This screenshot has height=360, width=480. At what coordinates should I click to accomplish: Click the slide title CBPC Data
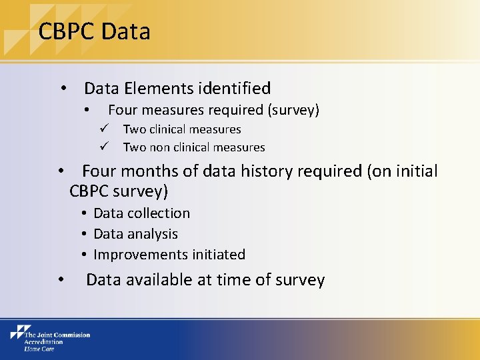(x=94, y=31)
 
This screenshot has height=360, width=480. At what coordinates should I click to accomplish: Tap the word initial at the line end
(x=416, y=171)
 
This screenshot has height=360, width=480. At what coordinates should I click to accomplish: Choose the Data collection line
(x=141, y=213)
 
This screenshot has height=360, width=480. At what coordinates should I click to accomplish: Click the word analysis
(x=154, y=234)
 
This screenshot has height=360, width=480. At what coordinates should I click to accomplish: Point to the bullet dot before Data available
(x=61, y=280)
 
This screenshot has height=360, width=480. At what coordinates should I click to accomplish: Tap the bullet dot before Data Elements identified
(x=63, y=89)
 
